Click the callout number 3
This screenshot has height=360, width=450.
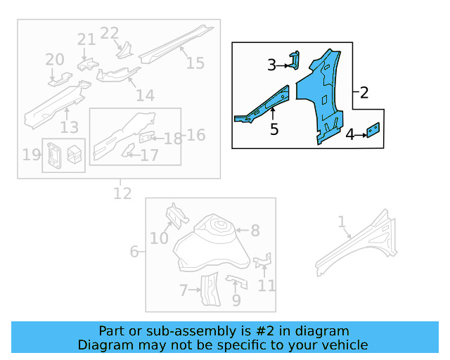272,65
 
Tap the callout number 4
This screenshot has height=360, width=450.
349,134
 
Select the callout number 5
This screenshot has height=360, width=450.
274,129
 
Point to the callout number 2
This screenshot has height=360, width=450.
364,92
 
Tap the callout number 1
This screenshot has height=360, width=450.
342,222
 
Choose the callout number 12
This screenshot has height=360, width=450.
122,193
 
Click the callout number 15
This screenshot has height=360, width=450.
195,63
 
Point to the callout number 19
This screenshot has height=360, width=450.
31,154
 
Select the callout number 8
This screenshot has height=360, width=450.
255,230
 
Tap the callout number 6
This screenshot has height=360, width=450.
134,252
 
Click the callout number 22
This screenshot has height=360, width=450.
110,33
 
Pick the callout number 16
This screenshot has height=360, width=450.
195,134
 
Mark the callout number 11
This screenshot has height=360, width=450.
266,285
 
